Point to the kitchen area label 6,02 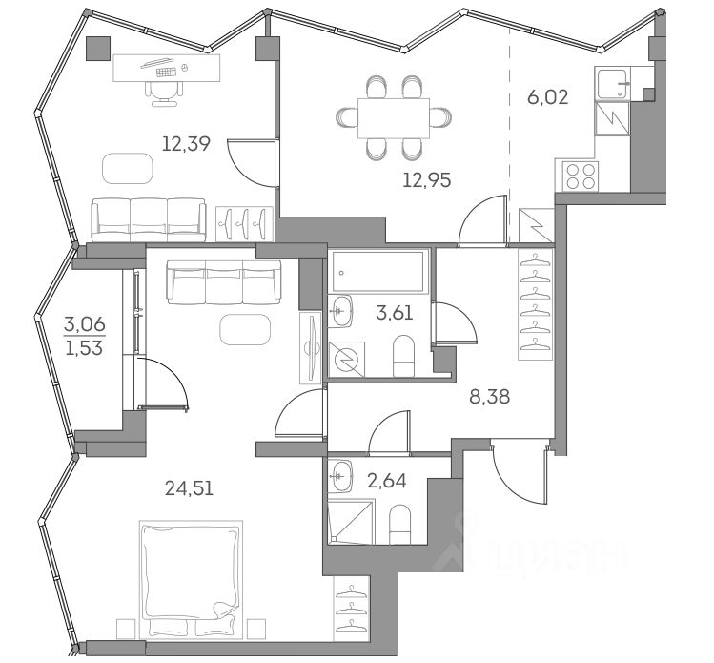pyautogui.click(x=548, y=96)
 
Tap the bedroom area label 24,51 pyautogui.click(x=188, y=489)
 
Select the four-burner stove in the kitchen pyautogui.click(x=582, y=178)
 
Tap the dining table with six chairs pyautogui.click(x=393, y=117)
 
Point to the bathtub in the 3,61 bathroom pyautogui.click(x=379, y=274)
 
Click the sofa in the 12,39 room pyautogui.click(x=149, y=218)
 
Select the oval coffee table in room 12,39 pyautogui.click(x=128, y=169)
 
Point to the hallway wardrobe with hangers pyautogui.click(x=537, y=303)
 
